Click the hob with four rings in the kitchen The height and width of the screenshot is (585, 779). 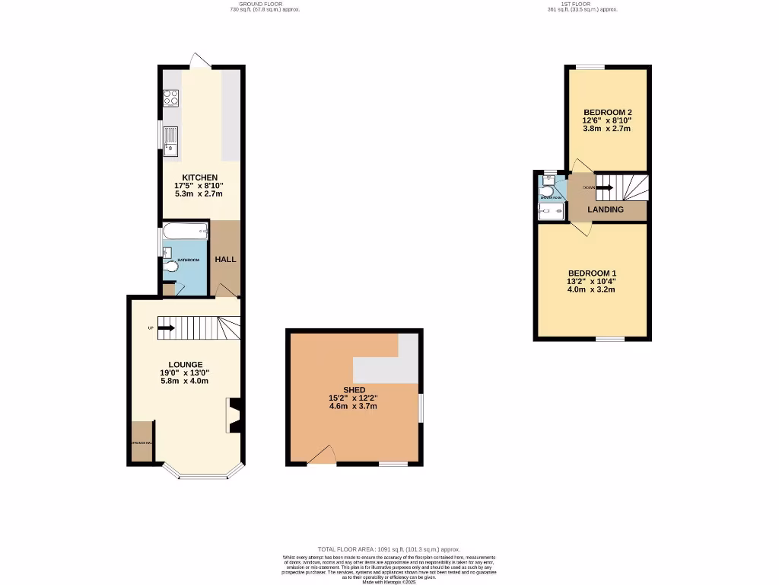(171, 97)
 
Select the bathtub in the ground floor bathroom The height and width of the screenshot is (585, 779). (185, 231)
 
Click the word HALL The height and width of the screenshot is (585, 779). (225, 259)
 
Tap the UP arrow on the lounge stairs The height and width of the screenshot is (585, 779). (167, 328)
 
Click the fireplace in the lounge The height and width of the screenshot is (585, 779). (234, 416)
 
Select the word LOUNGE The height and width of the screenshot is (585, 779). (186, 364)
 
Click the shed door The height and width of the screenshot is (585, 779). (323, 456)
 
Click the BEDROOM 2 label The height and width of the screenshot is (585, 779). (607, 112)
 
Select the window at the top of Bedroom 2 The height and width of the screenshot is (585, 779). (590, 67)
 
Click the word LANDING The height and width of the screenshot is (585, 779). (606, 209)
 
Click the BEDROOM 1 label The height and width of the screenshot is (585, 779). (593, 273)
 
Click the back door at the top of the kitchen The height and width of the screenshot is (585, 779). (201, 61)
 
